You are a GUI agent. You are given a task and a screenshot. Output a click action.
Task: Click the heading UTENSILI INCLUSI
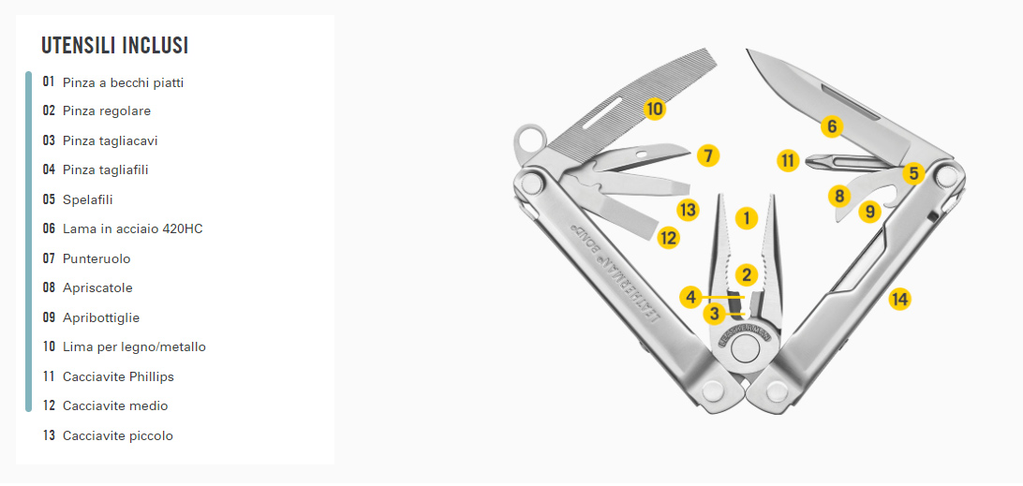pos(115,46)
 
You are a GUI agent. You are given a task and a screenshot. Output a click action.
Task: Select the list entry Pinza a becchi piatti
pos(124,82)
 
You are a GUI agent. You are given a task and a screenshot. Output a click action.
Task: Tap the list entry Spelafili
pos(87,199)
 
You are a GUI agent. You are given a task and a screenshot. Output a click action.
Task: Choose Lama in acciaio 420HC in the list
pos(132,229)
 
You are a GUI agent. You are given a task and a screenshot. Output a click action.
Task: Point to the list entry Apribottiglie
pos(101,317)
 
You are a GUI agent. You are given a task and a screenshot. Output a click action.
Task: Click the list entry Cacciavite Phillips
pos(118,376)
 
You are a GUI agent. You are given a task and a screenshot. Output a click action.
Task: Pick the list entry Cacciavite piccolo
pos(118,435)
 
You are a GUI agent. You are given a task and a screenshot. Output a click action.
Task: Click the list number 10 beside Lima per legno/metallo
pos(49,347)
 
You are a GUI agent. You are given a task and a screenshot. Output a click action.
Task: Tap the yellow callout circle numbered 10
pos(655,109)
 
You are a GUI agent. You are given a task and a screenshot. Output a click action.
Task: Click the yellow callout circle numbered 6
pos(831,125)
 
